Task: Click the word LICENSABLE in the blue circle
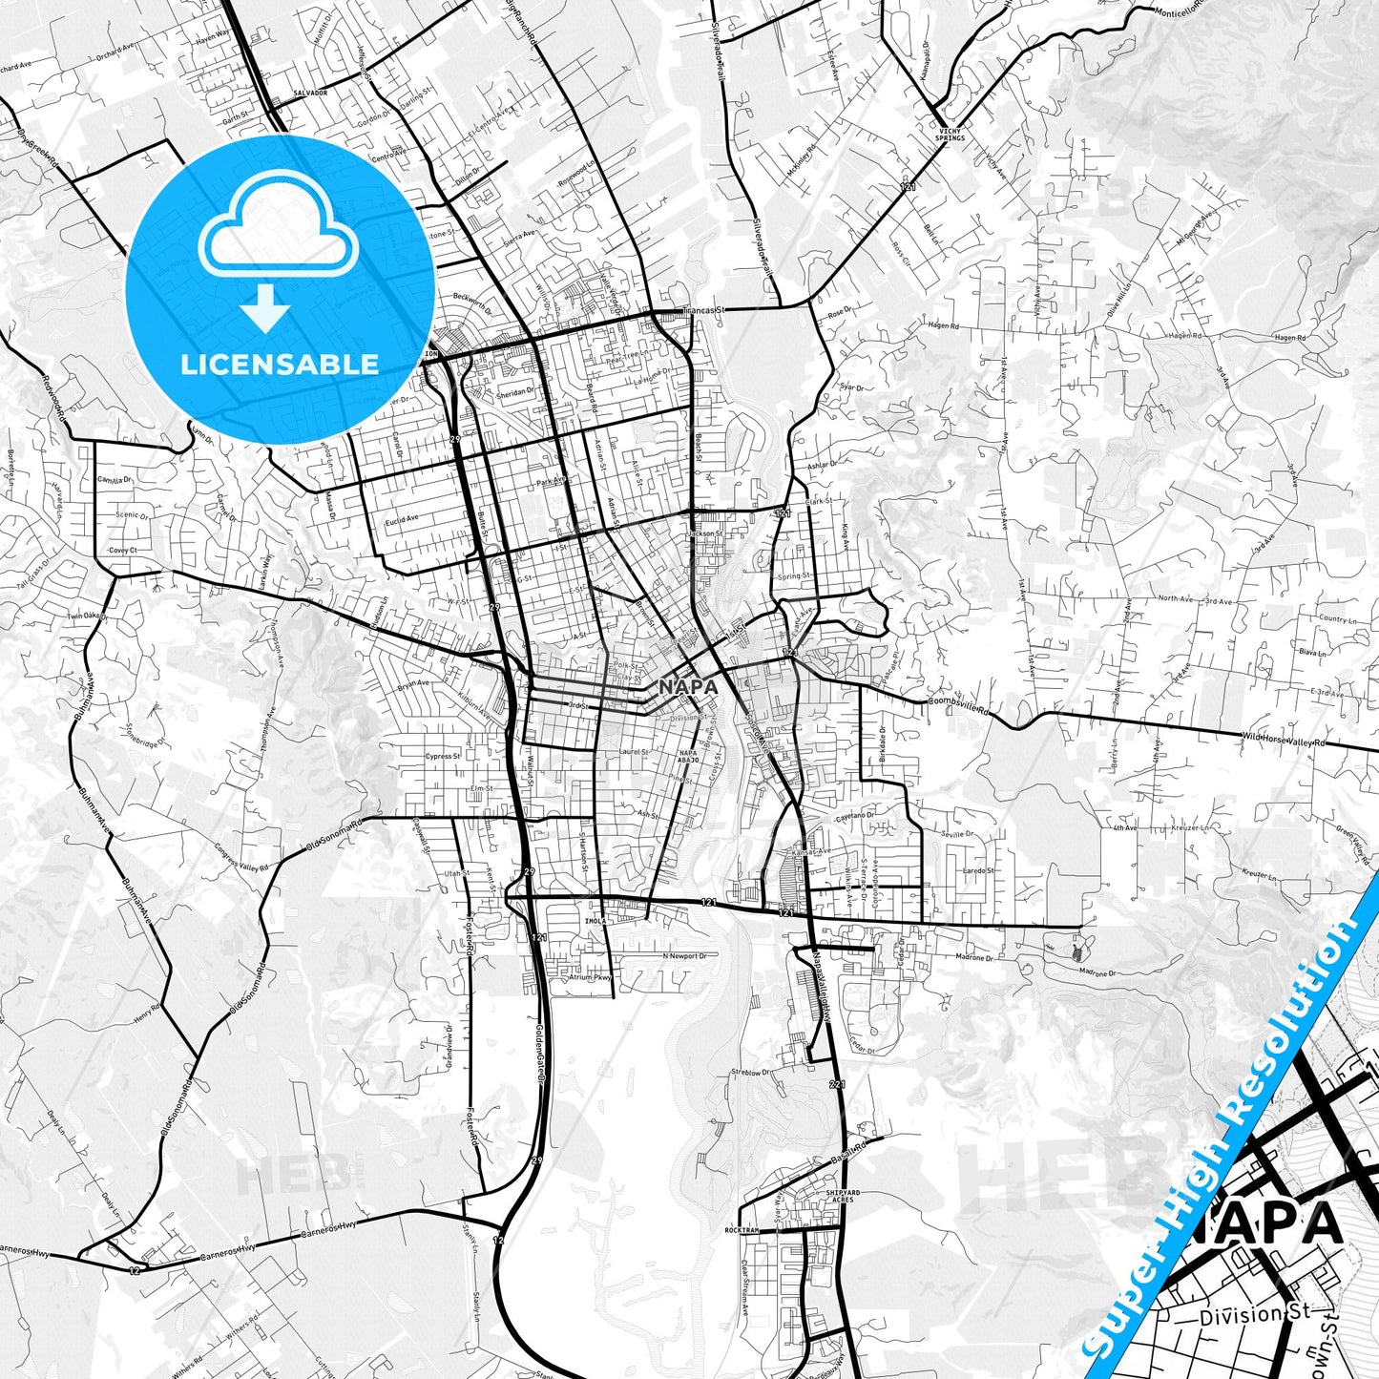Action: [x=280, y=365]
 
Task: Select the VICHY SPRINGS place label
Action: [x=949, y=134]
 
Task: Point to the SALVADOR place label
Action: [x=311, y=93]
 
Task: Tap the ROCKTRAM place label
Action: [x=742, y=1231]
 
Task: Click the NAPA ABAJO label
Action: [x=688, y=757]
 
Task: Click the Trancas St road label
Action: [x=705, y=310]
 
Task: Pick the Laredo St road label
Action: [x=977, y=870]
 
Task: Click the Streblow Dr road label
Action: [x=755, y=1072]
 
